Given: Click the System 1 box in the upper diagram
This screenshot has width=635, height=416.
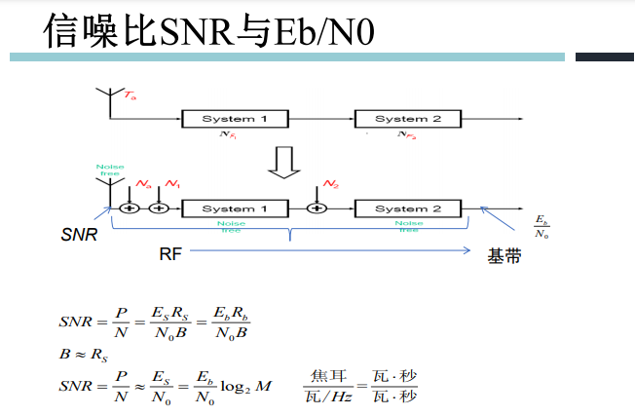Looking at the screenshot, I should (x=235, y=119).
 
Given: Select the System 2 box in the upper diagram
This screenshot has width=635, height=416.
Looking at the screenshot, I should (x=408, y=119).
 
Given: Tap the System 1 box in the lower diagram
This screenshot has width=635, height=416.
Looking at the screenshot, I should (x=235, y=208).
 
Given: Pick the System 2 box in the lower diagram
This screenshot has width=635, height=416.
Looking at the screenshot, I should (x=408, y=208).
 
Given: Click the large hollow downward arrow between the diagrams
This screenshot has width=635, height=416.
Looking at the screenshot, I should (x=285, y=163).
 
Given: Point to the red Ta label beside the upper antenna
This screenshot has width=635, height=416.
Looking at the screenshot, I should (x=131, y=96).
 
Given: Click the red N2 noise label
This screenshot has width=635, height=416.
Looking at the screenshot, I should (x=332, y=184).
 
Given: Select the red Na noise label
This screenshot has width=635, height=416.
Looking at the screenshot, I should (x=143, y=183).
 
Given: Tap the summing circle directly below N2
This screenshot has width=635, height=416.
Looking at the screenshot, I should (x=317, y=208).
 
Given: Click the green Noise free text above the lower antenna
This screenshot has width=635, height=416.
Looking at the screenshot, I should (x=109, y=170).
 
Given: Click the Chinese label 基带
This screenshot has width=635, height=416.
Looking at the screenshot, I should (x=504, y=258).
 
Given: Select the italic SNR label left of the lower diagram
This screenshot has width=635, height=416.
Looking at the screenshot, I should (x=79, y=235).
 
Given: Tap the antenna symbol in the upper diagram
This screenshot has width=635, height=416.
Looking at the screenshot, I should (x=107, y=98).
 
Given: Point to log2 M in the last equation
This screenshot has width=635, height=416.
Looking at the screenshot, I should (x=248, y=386).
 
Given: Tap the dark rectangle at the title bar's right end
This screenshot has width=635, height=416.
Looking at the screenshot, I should (x=604, y=57).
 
